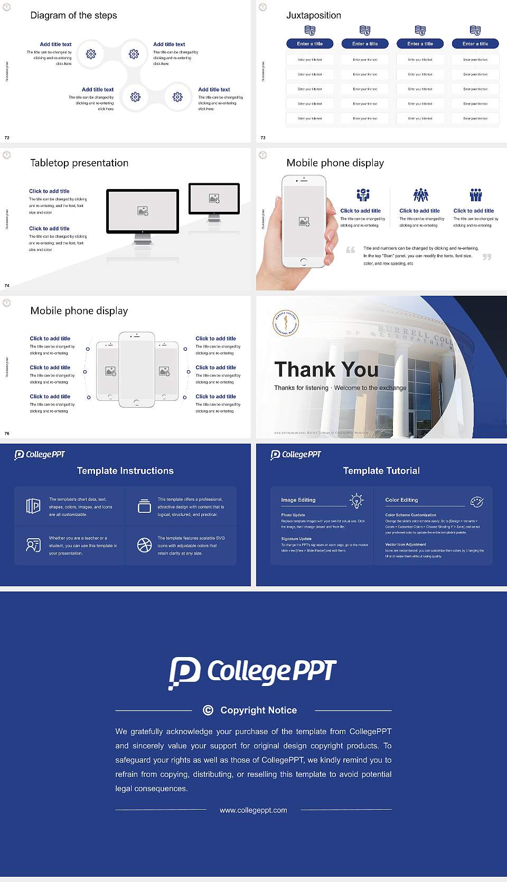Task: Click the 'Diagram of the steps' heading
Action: click(73, 15)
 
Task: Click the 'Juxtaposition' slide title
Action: click(313, 15)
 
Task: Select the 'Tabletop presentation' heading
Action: click(79, 163)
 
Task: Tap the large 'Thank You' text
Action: click(326, 370)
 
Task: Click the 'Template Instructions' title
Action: click(125, 471)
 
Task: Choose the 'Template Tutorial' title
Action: click(381, 471)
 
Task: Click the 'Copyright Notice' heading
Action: click(258, 710)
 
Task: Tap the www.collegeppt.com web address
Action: click(253, 810)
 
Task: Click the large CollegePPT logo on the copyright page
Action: click(252, 672)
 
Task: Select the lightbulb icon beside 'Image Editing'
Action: click(356, 501)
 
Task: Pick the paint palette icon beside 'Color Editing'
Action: click(477, 502)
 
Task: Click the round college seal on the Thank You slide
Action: click(286, 323)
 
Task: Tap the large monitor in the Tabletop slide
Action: click(143, 211)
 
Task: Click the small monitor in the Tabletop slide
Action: click(214, 199)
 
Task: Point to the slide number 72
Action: click(7, 137)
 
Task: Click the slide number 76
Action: click(7, 433)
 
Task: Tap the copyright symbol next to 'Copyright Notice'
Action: click(208, 710)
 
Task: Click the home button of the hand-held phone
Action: click(303, 261)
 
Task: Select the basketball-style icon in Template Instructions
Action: click(144, 545)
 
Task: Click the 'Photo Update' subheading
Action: click(293, 515)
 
